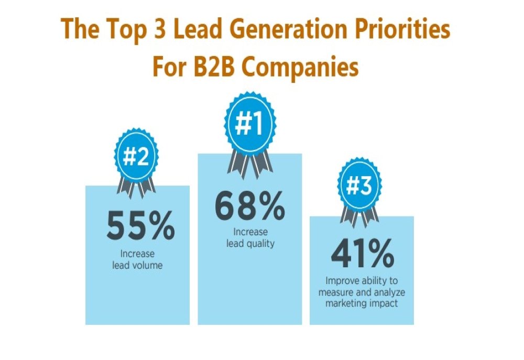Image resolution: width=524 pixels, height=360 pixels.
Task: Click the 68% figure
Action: (249, 205)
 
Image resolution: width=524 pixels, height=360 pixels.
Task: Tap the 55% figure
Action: (140, 226)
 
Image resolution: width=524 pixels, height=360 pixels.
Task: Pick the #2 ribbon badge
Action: (136, 157)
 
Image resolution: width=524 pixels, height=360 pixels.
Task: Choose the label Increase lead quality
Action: (250, 238)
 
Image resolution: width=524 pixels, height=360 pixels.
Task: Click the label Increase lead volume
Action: (137, 259)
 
